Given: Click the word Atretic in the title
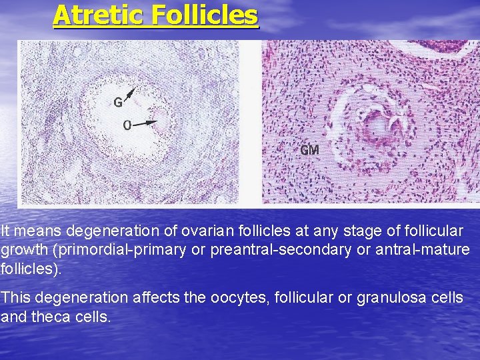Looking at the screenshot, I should click(99, 15).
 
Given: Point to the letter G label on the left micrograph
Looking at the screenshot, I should click(117, 103).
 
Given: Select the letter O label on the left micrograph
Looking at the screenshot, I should click(127, 125).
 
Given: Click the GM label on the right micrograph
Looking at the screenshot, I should click(309, 151).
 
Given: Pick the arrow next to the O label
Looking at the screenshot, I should click(149, 123).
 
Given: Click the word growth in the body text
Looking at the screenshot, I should click(23, 251).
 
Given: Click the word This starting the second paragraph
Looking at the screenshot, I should click(15, 298).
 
